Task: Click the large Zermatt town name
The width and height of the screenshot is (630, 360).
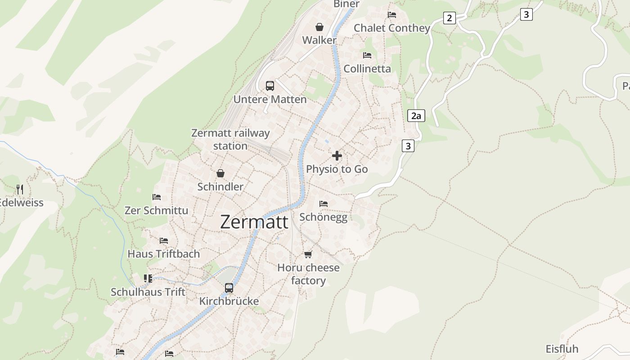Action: [254, 222]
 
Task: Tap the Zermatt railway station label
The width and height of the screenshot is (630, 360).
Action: [230, 139]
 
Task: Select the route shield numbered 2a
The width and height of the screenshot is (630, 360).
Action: [416, 116]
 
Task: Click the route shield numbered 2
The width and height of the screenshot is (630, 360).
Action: [449, 18]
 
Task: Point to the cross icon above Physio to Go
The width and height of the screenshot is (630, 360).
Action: [337, 156]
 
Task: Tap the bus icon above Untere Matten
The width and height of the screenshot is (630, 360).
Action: [270, 85]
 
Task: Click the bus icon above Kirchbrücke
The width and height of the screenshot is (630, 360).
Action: [229, 288]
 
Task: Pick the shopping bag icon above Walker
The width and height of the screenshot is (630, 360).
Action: [319, 27]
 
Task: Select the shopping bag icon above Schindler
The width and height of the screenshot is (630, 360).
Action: [220, 173]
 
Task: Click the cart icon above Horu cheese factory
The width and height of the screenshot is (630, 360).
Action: [308, 254]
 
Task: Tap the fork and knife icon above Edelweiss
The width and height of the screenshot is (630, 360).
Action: [19, 189]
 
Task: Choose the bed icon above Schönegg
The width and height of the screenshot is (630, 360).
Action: [323, 204]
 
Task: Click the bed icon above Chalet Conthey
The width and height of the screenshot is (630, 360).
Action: [392, 15]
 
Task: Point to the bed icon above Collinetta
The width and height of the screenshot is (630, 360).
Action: [367, 55]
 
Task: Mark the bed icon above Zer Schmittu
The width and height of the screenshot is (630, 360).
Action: [156, 197]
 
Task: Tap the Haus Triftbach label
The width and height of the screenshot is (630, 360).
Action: [163, 254]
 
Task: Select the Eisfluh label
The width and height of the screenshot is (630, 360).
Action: [562, 349]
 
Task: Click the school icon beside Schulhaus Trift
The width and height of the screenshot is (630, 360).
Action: [148, 279]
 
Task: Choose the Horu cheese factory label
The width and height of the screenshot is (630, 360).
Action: [308, 274]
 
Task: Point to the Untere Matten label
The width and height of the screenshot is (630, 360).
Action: [270, 99]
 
